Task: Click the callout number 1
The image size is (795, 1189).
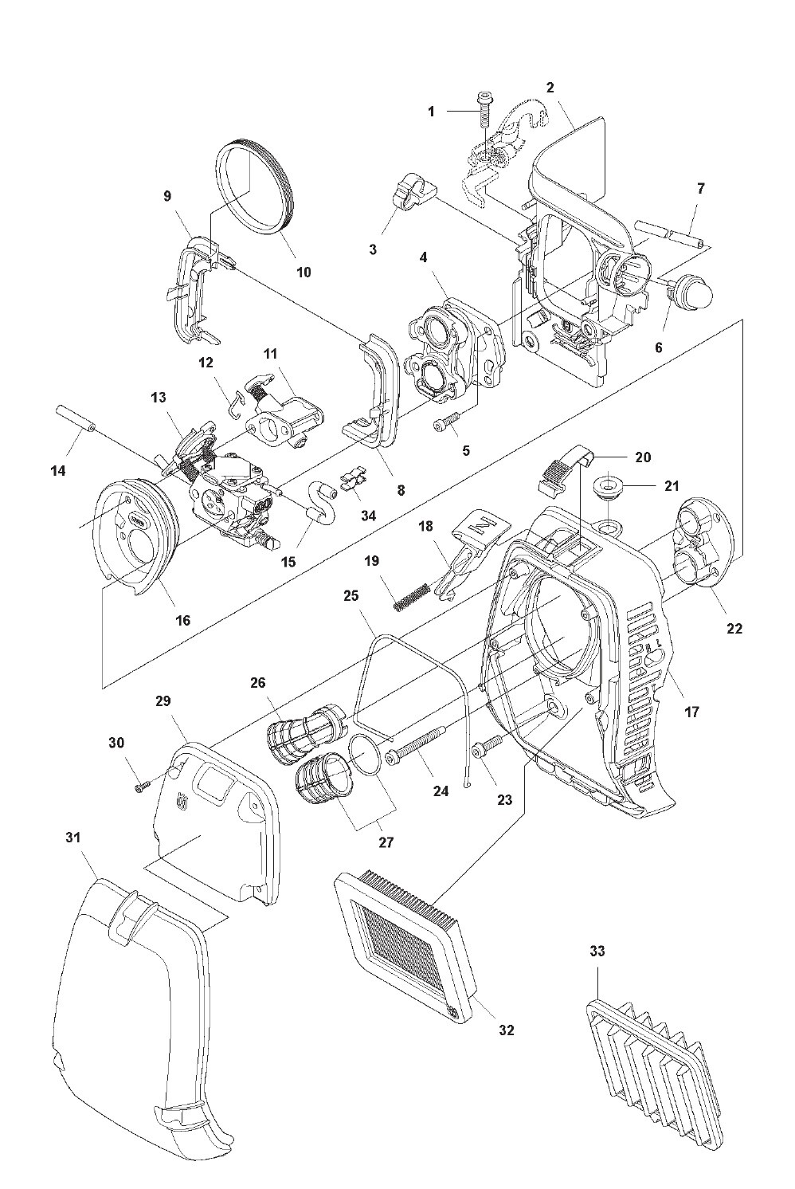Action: [x=431, y=112]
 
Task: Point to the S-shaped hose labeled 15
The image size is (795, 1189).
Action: [x=322, y=500]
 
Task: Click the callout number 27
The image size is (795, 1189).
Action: [x=386, y=842]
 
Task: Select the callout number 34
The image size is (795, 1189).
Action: [x=368, y=516]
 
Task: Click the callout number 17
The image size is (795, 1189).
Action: [x=692, y=712]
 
